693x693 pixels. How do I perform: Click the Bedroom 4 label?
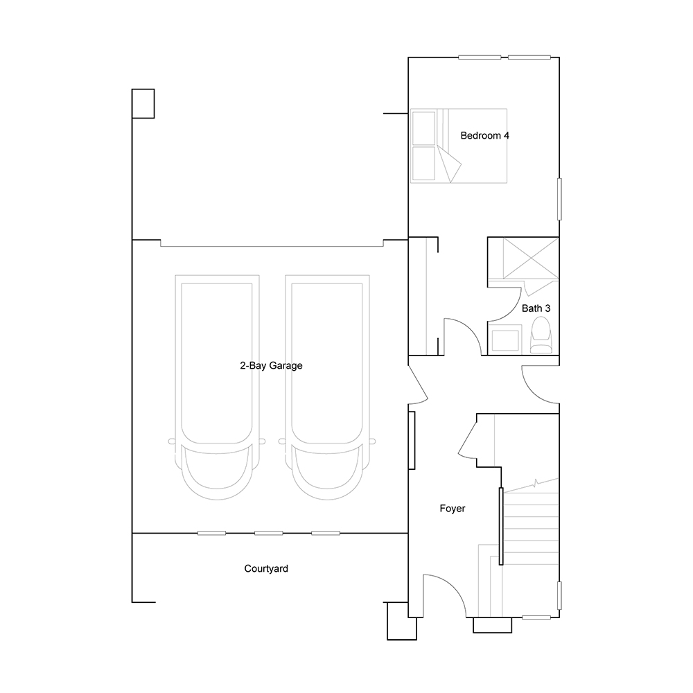point(484,136)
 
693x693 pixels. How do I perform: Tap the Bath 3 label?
point(536,308)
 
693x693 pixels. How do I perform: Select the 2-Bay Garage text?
point(271,365)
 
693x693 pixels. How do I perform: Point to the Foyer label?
point(452,508)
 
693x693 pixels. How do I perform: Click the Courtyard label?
point(266,569)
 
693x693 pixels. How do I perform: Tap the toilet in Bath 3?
point(541,336)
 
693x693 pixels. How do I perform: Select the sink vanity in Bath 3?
point(505,340)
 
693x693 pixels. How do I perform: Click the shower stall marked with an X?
point(531,258)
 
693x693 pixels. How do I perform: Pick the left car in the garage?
point(217,387)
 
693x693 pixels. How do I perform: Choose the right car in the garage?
point(327,387)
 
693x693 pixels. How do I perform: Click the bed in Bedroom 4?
point(458,146)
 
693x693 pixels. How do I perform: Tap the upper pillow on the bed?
point(423,128)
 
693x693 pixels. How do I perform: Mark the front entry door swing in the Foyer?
point(444,595)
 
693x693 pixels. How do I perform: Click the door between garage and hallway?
point(418,384)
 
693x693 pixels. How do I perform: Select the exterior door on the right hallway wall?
point(540,385)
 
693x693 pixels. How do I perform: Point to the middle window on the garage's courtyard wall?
point(269,533)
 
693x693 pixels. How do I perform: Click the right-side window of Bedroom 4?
point(559,199)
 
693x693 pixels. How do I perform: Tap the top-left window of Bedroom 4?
point(480,57)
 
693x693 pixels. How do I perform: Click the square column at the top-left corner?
point(143,103)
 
